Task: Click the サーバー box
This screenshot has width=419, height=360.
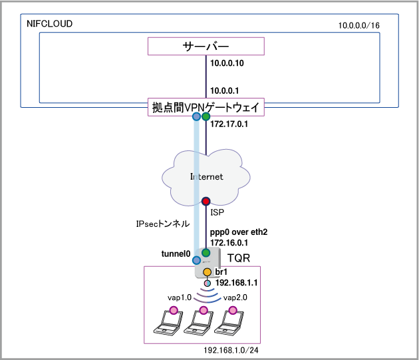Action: tap(206, 47)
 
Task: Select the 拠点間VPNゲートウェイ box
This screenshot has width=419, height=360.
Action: tap(206, 108)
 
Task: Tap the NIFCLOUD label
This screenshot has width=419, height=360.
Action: tap(49, 24)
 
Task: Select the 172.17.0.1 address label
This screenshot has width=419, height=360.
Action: tap(229, 124)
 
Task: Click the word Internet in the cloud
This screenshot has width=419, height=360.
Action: tap(206, 177)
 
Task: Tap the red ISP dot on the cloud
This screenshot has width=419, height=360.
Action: tap(206, 200)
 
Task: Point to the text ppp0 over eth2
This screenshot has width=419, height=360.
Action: tap(238, 231)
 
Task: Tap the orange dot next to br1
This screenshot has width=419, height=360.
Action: tap(207, 272)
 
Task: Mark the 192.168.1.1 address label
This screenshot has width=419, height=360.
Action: tap(236, 282)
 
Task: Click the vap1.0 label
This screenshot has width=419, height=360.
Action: tap(180, 298)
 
